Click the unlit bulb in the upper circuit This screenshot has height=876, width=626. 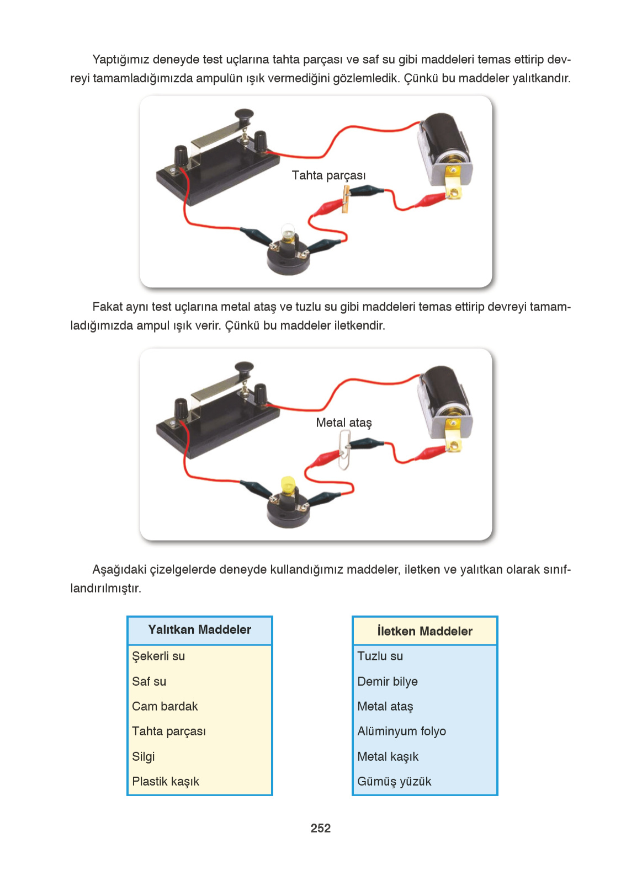point(288,233)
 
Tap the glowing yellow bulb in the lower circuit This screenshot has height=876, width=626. point(288,485)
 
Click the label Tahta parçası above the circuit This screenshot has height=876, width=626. point(328,175)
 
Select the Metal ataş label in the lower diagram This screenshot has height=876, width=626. point(343,423)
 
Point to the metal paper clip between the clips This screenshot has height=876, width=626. point(344,450)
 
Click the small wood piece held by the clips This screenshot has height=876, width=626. point(346,199)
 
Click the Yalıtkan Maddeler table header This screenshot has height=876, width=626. point(199,630)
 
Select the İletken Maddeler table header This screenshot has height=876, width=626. point(425,631)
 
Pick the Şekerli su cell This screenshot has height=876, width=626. point(158,656)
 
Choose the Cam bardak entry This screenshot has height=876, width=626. point(165,707)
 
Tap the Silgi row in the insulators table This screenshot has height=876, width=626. point(144,756)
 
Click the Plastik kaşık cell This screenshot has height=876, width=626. point(166,782)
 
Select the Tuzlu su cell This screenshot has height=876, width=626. point(380,656)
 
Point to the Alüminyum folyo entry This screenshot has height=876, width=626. point(401,731)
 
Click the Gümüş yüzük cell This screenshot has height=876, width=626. point(394,782)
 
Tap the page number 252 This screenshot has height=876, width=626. point(320,828)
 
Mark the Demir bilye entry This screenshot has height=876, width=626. point(387,682)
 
